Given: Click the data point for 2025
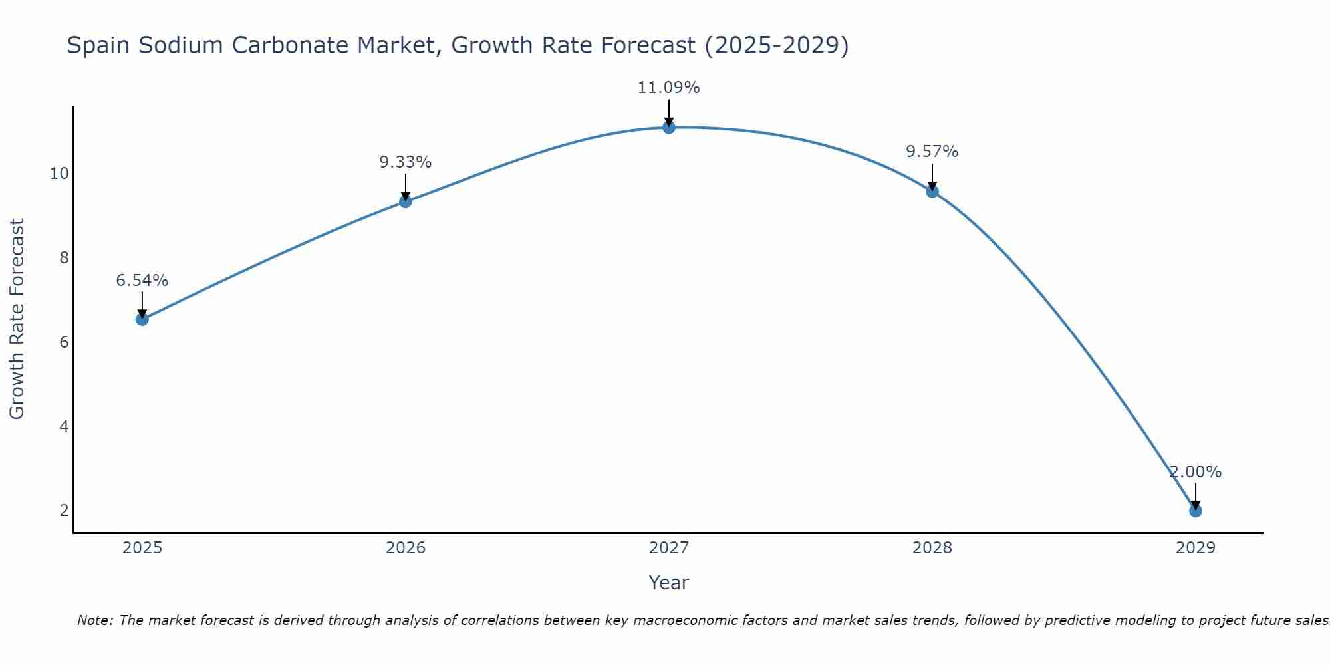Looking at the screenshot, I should pos(142,319).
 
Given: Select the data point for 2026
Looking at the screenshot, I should pos(406,201).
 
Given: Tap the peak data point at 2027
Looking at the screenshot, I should pos(669,127).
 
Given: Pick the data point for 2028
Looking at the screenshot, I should pos(932,192).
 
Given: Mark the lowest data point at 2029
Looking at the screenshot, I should pos(1195,511).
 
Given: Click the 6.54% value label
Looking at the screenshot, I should pos(142,281).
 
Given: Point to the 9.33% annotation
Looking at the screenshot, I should pos(406,162).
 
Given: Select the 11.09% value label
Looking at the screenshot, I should pos(669,88).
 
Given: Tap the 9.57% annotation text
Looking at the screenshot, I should pos(932,152).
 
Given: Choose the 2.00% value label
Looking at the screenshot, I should pos(1196,472).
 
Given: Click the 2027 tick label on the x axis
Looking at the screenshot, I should pos(669,548).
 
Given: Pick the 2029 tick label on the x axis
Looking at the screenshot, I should pos(1195,548).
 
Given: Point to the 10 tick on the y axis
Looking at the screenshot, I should pos(60,174).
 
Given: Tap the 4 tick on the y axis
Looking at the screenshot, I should pos(65,426).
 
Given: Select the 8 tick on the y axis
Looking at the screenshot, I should pos(65,258).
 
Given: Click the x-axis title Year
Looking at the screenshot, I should pos(669,583).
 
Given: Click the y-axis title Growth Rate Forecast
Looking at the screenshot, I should pos(17,319).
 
